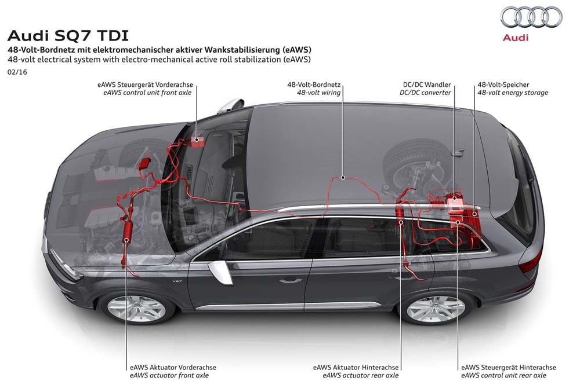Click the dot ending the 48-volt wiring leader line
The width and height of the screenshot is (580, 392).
(x=343, y=178)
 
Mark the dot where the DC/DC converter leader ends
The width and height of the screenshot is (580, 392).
(x=454, y=198)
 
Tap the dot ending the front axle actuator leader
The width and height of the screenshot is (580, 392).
(x=126, y=240)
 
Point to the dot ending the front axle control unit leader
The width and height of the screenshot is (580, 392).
(x=197, y=139)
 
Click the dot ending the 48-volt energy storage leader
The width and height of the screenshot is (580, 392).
(x=474, y=213)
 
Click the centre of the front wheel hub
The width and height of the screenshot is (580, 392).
(x=136, y=308)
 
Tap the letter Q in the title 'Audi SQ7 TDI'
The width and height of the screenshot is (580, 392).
(x=80, y=36)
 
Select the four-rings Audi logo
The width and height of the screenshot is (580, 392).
(x=531, y=17)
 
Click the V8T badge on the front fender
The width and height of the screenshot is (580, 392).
(x=177, y=282)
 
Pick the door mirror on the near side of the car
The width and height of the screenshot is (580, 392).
(x=220, y=272)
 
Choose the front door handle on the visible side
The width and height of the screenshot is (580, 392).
(x=290, y=280)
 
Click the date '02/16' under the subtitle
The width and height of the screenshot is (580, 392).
(x=17, y=72)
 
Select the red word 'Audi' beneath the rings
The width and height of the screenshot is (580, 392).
(x=516, y=37)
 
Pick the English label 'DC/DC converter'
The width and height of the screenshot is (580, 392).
(x=425, y=93)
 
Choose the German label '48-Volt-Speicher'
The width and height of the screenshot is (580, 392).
(x=503, y=85)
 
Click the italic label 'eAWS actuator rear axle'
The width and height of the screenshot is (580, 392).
(x=361, y=375)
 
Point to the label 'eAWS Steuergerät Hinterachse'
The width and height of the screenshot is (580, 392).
(x=509, y=367)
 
